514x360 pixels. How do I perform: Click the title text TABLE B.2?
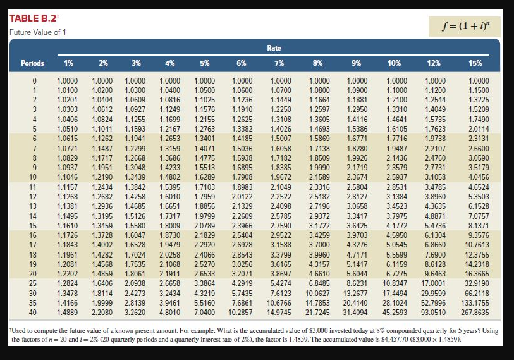(x=32, y=18)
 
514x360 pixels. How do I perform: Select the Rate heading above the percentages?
(x=274, y=48)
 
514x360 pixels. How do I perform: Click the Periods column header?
(x=33, y=63)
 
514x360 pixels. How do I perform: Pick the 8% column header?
(x=318, y=63)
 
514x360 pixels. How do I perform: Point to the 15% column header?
(x=475, y=63)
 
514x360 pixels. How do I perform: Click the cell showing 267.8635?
(x=475, y=312)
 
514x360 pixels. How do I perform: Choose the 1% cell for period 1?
(x=68, y=91)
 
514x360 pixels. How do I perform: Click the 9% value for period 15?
(x=357, y=225)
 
